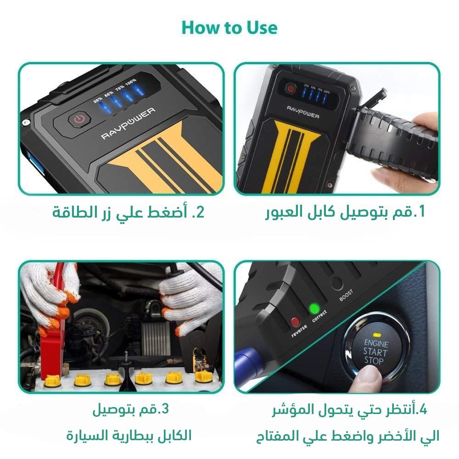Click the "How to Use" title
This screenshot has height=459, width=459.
229,28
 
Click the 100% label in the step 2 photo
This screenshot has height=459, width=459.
131,81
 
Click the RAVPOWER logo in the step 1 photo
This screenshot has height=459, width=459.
303,116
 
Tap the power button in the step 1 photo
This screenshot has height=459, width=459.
290,89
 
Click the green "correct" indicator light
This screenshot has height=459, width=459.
314,308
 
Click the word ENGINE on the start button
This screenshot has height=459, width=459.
376,343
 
